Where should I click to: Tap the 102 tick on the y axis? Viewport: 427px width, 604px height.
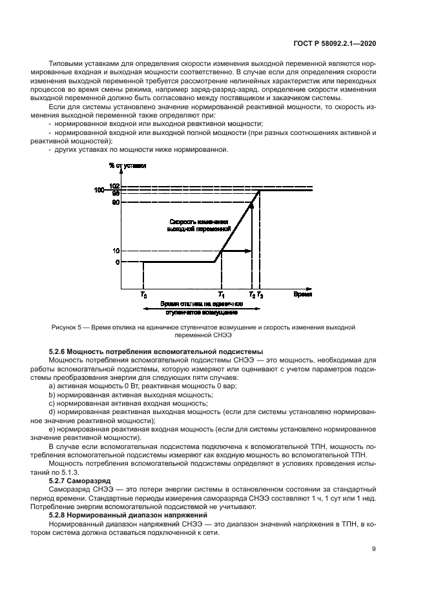tap(116, 186)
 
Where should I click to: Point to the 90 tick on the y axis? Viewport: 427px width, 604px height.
tap(116, 202)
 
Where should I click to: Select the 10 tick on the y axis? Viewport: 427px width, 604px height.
tap(116, 251)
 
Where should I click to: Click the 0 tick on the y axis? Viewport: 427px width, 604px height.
tap(117, 262)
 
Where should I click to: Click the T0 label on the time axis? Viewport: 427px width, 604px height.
tap(143, 295)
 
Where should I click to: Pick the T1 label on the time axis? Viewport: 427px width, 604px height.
tap(221, 295)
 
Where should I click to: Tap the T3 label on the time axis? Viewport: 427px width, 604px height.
tap(260, 295)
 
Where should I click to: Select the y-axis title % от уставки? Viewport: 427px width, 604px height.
tap(127, 165)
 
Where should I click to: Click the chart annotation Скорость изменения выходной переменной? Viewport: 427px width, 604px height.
tap(198, 224)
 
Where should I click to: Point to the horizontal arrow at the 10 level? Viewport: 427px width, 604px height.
tap(236, 251)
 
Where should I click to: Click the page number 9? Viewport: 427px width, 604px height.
tap(374, 549)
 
